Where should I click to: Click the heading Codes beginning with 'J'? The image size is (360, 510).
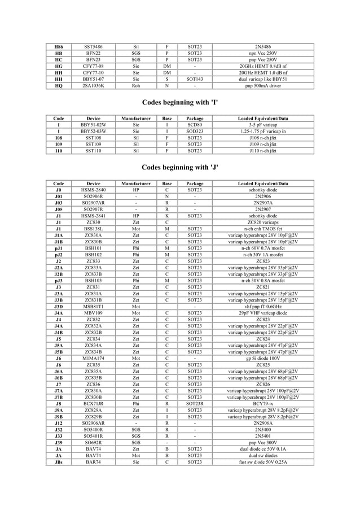coord(179,168)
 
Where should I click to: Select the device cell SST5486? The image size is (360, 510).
coord(93,45)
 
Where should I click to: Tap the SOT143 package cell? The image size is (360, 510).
coord(195,80)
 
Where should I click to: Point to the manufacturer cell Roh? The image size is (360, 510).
coord(135,86)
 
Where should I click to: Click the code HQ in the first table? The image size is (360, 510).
coord(59,86)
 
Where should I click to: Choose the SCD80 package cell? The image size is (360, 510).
coord(195,124)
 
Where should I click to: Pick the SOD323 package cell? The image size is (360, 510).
coord(195,131)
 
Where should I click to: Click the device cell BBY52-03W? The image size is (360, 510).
coord(93,131)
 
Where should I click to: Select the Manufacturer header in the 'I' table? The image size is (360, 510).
coord(135,118)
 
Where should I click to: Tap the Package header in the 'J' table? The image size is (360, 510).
coord(195,184)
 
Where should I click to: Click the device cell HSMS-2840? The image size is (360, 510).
coord(93,190)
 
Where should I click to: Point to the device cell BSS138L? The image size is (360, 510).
coord(93,228)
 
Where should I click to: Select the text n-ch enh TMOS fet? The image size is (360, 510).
coord(263,228)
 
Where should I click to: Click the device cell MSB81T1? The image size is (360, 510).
coord(93,306)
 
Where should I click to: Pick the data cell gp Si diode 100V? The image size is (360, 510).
coord(263,358)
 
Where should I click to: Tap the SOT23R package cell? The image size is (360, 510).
coord(195,403)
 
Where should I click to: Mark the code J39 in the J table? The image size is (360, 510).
coord(59,442)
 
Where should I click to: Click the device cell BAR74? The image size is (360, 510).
coord(93,461)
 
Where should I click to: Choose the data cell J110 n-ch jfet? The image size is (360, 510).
coord(263,151)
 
